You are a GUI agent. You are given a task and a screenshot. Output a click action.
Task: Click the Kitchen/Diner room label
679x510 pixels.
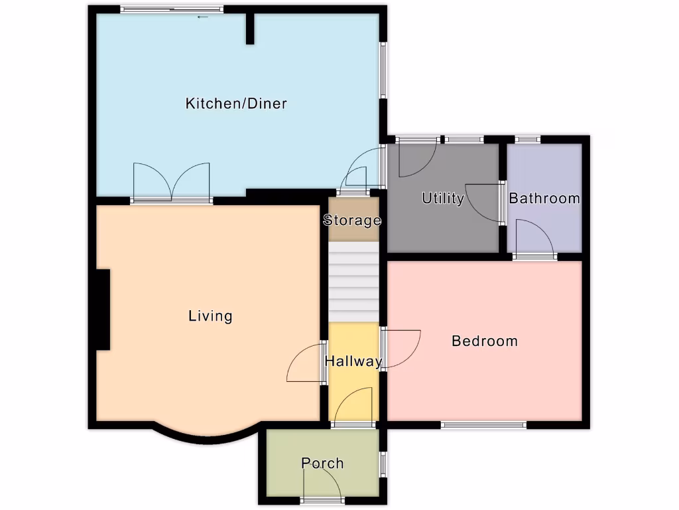[236, 104]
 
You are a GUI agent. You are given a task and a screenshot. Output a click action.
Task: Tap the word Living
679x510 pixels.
[210, 316]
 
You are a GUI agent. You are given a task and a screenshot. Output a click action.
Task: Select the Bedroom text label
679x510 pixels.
[484, 341]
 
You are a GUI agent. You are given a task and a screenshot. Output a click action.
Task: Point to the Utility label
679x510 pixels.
[442, 199]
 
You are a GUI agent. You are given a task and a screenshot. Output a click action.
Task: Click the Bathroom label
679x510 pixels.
[544, 199]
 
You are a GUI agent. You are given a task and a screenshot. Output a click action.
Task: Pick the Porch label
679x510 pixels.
[322, 464]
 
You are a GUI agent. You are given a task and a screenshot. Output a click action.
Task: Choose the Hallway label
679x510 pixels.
[353, 362]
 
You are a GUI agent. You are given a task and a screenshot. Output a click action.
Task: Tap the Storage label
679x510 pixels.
[352, 220]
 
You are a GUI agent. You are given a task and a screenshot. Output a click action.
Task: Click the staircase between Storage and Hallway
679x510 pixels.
[353, 282]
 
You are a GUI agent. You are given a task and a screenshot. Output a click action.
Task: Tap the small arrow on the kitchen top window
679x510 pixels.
[202, 17]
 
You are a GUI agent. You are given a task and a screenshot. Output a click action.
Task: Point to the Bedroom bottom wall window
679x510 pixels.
[484, 425]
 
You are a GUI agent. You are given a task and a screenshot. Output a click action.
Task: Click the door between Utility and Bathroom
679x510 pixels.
[485, 202]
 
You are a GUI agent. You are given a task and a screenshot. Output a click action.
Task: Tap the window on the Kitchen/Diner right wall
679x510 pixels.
[383, 70]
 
